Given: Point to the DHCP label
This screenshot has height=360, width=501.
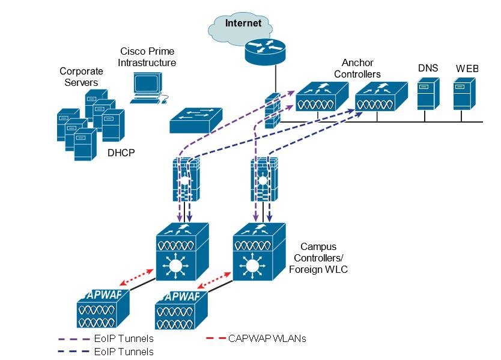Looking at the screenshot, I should coord(121,153).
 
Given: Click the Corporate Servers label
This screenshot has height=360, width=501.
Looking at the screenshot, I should coord(78,76).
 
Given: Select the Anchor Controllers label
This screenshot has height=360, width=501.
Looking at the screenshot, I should coord(361,68).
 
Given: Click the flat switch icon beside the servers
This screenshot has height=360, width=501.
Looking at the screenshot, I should coord(196,120).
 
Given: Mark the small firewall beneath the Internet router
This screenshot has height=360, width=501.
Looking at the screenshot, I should coord(272,111).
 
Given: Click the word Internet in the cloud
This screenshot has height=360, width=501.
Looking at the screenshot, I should coord(243,23).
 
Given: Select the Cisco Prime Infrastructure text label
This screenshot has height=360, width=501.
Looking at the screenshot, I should coord(147,57).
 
